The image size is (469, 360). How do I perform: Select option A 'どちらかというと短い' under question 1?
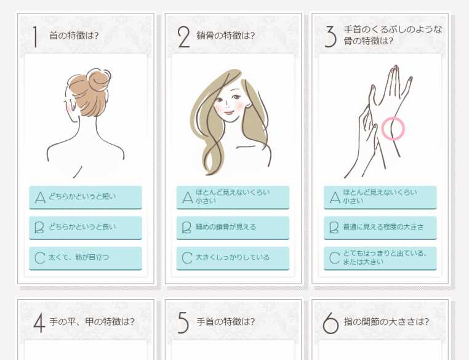(x=85, y=197)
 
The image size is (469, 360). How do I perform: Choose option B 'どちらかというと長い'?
(x=85, y=227)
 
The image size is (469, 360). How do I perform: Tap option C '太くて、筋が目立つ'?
(x=85, y=257)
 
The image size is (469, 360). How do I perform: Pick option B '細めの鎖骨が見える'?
(x=232, y=227)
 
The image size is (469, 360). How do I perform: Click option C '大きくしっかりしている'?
(x=232, y=257)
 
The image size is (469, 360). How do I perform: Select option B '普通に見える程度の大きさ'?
(x=380, y=227)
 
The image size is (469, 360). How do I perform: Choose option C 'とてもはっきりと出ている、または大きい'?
(x=380, y=257)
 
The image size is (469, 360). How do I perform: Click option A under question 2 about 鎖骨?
(x=232, y=197)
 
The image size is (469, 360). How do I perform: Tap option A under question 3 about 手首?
(x=380, y=197)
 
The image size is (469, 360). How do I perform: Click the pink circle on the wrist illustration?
(x=393, y=129)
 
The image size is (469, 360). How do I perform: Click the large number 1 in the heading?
(x=36, y=36)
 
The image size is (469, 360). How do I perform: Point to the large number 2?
(x=183, y=37)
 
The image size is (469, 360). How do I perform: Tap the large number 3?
(x=331, y=37)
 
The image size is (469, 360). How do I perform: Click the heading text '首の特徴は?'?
(x=74, y=35)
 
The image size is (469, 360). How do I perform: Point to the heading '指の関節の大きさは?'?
(x=386, y=321)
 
